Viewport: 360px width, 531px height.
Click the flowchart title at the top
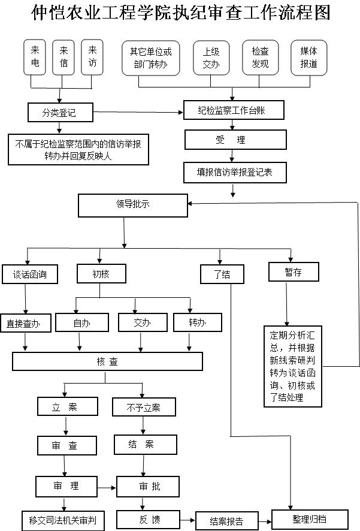point(180,13)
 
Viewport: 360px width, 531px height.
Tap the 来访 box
point(92,58)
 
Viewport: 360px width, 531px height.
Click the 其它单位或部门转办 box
point(150,58)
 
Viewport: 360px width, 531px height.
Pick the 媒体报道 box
point(308,58)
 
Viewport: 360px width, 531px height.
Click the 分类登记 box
point(59,111)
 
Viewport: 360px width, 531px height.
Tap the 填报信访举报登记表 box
point(234,172)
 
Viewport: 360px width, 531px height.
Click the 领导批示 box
point(133,204)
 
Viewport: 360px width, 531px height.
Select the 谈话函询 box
point(31,274)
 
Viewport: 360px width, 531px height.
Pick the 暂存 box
point(294,272)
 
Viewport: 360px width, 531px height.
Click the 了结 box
point(222,274)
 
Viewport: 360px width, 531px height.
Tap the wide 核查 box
point(108,361)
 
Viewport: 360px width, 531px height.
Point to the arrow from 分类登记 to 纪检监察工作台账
point(138,111)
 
